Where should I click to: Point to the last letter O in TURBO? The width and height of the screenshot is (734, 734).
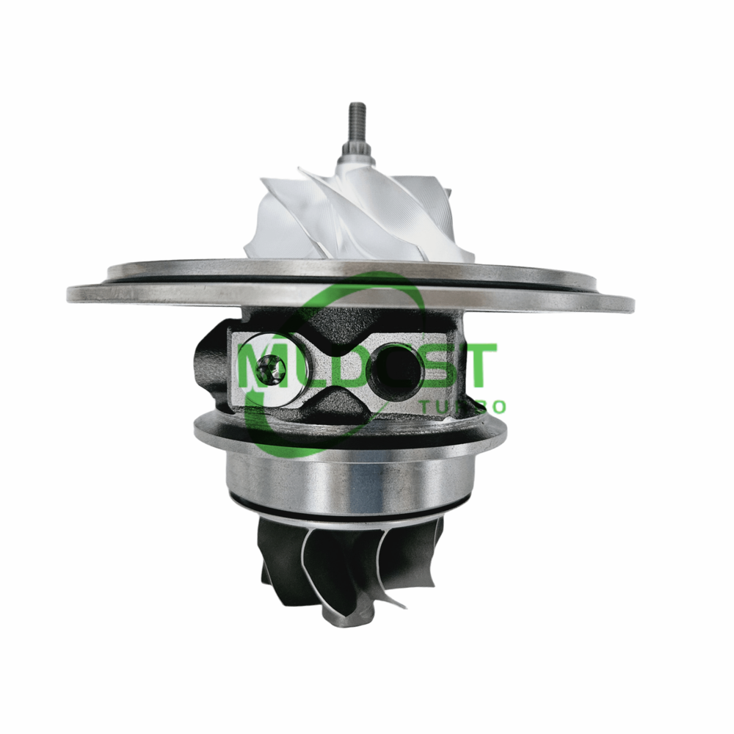[499, 407]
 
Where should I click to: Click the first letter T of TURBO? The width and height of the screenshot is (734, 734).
[424, 407]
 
